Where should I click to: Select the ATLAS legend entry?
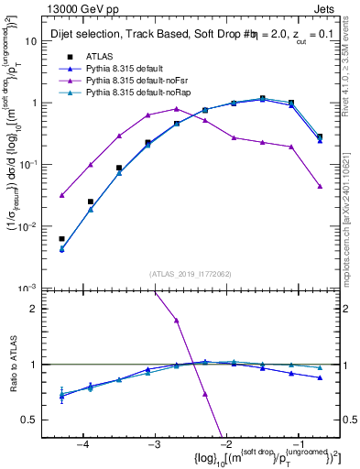pos(99,57)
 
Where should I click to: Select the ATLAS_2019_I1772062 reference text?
pos(191,273)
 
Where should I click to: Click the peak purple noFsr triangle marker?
pos(177,109)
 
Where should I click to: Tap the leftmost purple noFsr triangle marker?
pos(61,195)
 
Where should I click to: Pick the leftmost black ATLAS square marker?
pos(61,238)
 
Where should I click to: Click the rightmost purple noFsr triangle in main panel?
pos(320,186)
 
